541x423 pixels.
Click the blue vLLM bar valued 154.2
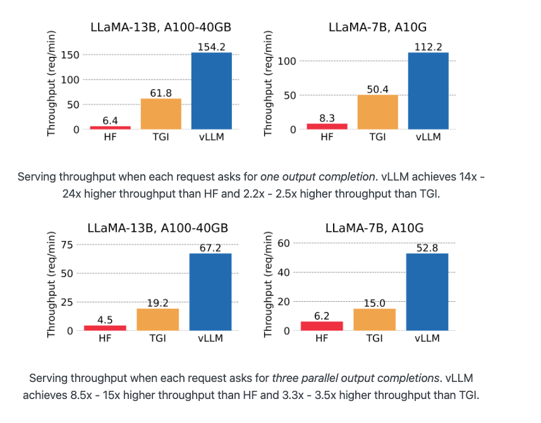tap(211, 91)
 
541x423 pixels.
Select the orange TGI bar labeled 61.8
tap(161, 114)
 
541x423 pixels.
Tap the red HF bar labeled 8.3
tap(327, 126)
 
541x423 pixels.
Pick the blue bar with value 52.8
tap(427, 292)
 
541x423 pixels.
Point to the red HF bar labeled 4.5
tap(105, 328)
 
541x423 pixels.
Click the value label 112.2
tap(428, 47)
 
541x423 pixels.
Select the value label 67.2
tap(210, 248)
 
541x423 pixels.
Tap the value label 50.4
tap(377, 89)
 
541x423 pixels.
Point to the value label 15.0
tap(374, 303)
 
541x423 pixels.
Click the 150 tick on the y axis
tap(71, 55)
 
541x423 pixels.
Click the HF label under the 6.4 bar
tap(110, 138)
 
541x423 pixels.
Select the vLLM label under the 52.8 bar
tap(427, 338)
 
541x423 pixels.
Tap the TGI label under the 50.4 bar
tap(377, 138)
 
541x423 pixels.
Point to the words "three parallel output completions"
tap(355, 378)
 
